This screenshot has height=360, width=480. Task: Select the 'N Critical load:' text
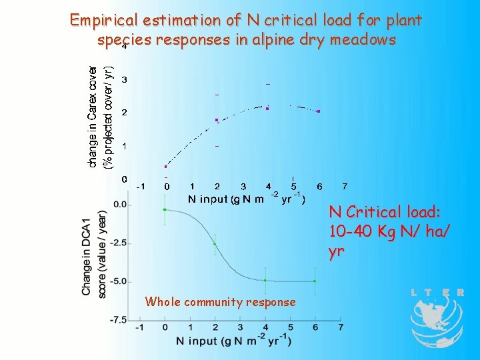click(x=385, y=212)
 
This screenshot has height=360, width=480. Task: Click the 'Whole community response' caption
click(x=220, y=302)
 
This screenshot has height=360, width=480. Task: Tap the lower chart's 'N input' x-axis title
click(x=233, y=341)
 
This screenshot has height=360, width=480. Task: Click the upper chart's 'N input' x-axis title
click(x=247, y=199)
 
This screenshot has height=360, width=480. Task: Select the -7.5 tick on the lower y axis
click(x=119, y=320)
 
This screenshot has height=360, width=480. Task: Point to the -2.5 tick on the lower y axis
click(x=119, y=243)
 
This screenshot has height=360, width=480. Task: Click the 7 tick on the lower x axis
click(x=341, y=328)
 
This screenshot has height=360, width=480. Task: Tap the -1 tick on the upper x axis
click(x=141, y=186)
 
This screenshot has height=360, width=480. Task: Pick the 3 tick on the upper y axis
click(x=125, y=80)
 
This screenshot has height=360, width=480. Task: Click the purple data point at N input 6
click(x=319, y=111)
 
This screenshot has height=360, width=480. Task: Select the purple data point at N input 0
click(x=165, y=167)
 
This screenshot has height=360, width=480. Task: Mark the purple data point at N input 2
click(x=217, y=120)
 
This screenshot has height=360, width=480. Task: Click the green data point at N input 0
click(x=165, y=209)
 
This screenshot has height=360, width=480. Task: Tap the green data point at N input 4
click(x=265, y=281)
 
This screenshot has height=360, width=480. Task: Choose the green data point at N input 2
click(x=215, y=244)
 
